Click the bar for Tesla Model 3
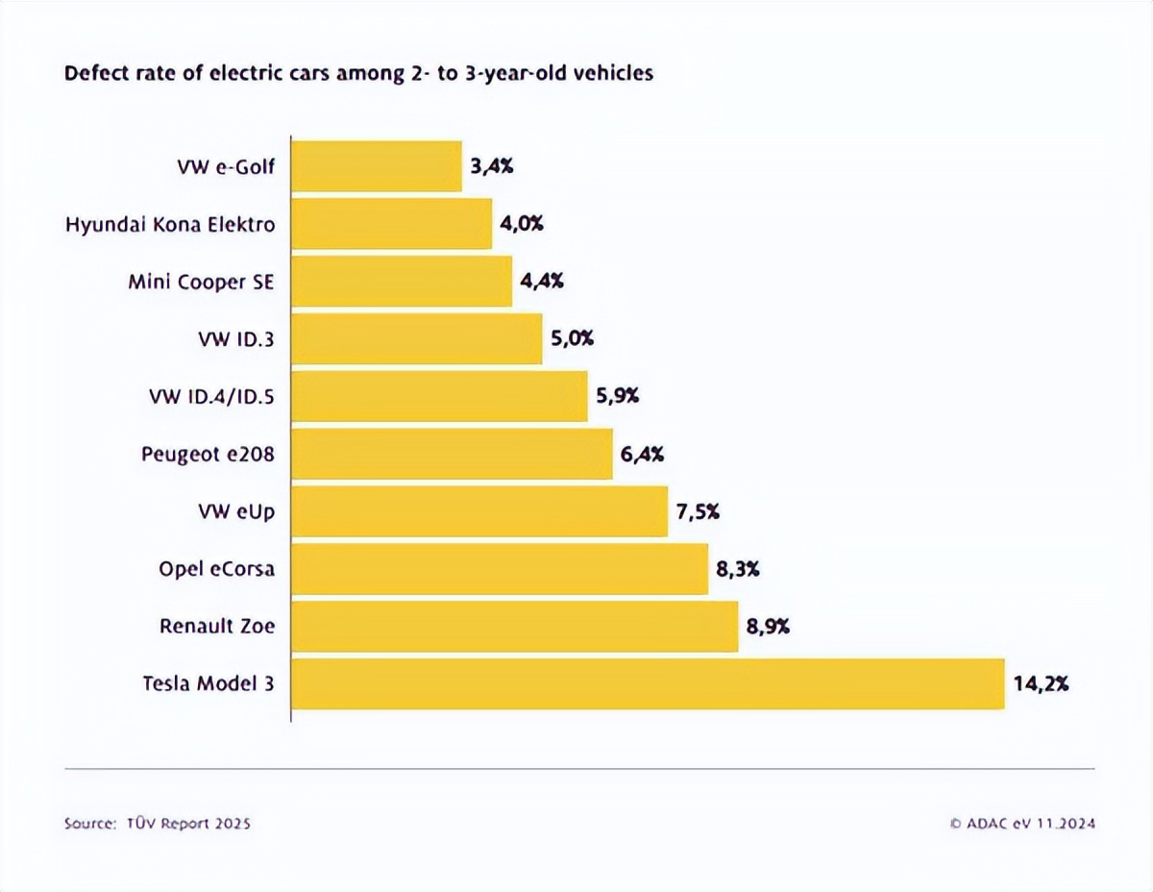pos(648,684)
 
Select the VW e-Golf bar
pos(376,166)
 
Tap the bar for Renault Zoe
pos(514,627)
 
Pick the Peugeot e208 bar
pos(452,454)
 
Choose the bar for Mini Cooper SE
pos(401,282)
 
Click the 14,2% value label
pos(1041,684)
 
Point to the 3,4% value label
pos(492,166)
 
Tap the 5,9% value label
pos(618,396)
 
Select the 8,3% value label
pos(738,569)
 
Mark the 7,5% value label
pos(699,511)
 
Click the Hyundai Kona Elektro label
pos(170,225)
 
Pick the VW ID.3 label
pos(234,339)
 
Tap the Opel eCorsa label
pos(216,569)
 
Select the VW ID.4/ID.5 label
pos(211,396)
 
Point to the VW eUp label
pos(235,511)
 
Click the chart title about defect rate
pos(358,73)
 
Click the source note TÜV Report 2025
pos(158,824)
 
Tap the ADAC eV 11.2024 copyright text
pos(1022,824)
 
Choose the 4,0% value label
pos(522,224)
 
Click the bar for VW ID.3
pos(416,339)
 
